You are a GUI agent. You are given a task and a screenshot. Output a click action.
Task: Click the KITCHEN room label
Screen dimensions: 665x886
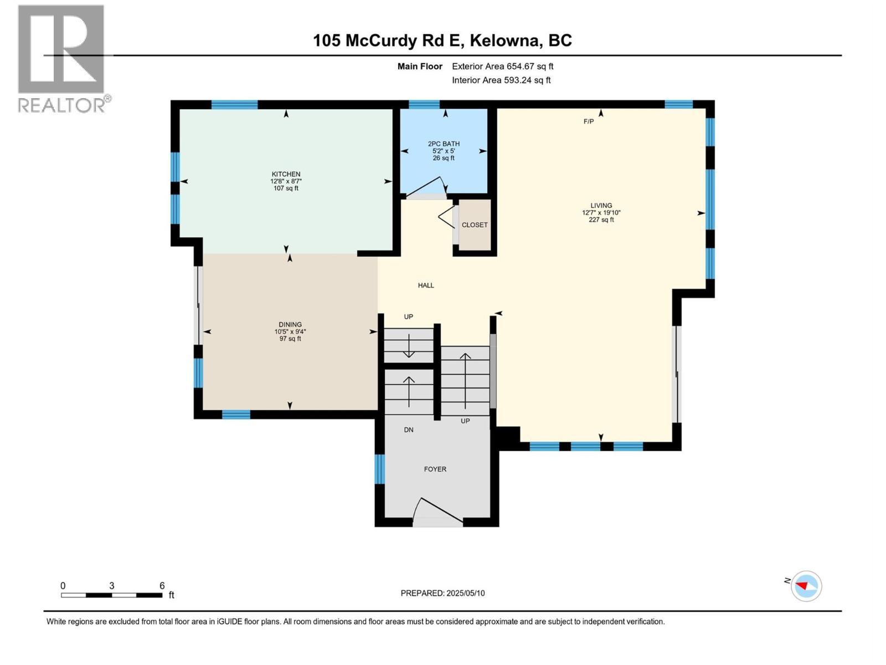click(x=286, y=174)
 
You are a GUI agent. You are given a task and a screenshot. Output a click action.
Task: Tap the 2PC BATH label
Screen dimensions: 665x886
click(x=444, y=144)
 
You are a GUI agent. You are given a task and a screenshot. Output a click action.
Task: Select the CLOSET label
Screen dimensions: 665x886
click(x=475, y=225)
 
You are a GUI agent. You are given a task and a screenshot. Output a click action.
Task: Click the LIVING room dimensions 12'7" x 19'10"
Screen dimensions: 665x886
click(x=601, y=213)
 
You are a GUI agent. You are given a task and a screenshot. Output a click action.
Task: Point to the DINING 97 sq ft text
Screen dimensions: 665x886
click(x=290, y=339)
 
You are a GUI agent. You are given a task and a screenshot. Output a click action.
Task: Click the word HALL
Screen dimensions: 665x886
click(x=426, y=285)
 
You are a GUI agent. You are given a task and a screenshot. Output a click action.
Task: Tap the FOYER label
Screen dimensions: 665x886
click(x=435, y=469)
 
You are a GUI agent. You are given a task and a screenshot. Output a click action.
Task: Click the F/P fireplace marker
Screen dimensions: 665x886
click(x=588, y=121)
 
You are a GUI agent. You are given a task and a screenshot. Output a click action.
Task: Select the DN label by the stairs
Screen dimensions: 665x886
click(x=409, y=429)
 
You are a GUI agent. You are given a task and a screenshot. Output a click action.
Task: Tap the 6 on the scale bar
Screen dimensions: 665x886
click(x=162, y=586)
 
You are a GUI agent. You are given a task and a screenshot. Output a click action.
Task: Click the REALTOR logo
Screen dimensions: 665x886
click(x=62, y=58)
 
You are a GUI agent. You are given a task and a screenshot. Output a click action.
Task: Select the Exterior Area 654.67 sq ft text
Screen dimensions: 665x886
click(x=502, y=66)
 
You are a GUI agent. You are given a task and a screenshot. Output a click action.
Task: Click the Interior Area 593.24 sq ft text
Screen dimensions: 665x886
click(x=501, y=80)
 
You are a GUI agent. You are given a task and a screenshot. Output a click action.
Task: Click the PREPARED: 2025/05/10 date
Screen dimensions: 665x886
click(x=442, y=593)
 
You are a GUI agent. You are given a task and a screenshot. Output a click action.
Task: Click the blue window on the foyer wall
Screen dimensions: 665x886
click(x=379, y=469)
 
